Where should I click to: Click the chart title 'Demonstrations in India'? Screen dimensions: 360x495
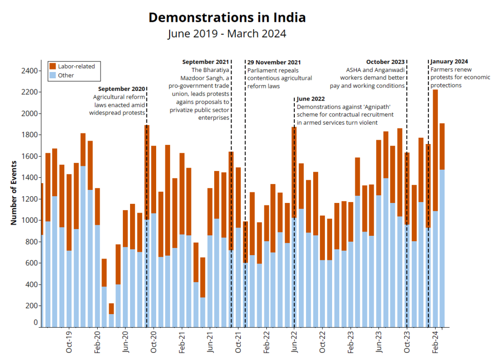click(x=227, y=17)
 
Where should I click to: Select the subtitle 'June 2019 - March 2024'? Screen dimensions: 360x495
click(x=227, y=34)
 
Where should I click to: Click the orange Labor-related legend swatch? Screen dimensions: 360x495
click(x=53, y=66)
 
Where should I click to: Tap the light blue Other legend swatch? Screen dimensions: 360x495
click(x=53, y=75)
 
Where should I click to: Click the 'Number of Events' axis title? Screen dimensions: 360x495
click(x=14, y=193)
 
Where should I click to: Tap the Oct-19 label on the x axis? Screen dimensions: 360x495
click(x=69, y=342)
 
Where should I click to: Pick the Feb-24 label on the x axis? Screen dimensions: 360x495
click(x=435, y=342)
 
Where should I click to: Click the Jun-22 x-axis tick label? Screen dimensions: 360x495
click(x=294, y=342)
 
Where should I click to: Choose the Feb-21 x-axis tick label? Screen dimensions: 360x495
click(x=182, y=342)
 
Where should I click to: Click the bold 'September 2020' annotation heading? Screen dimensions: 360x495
click(x=121, y=89)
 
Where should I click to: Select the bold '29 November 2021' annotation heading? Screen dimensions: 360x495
click(x=274, y=62)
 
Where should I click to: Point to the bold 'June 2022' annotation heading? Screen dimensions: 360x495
click(x=310, y=99)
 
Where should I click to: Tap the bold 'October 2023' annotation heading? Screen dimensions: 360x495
click(x=385, y=62)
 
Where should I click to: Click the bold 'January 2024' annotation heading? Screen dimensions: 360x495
click(x=449, y=61)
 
